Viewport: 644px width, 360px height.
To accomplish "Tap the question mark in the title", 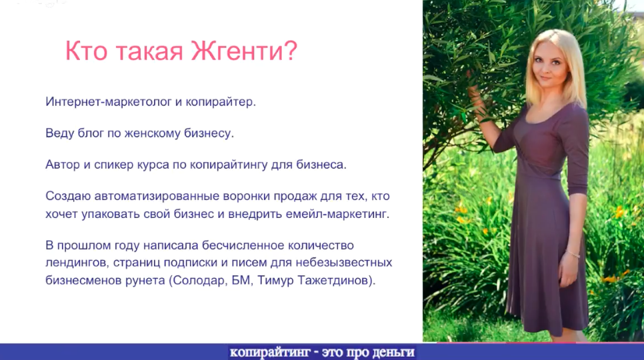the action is tap(291, 51).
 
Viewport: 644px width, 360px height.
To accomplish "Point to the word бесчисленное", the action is tap(243, 245).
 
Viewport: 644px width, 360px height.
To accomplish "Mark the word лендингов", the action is tap(76, 263).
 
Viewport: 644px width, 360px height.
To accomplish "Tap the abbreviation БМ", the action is tap(240, 281).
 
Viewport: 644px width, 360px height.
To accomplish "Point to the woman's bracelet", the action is tap(573, 254).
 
